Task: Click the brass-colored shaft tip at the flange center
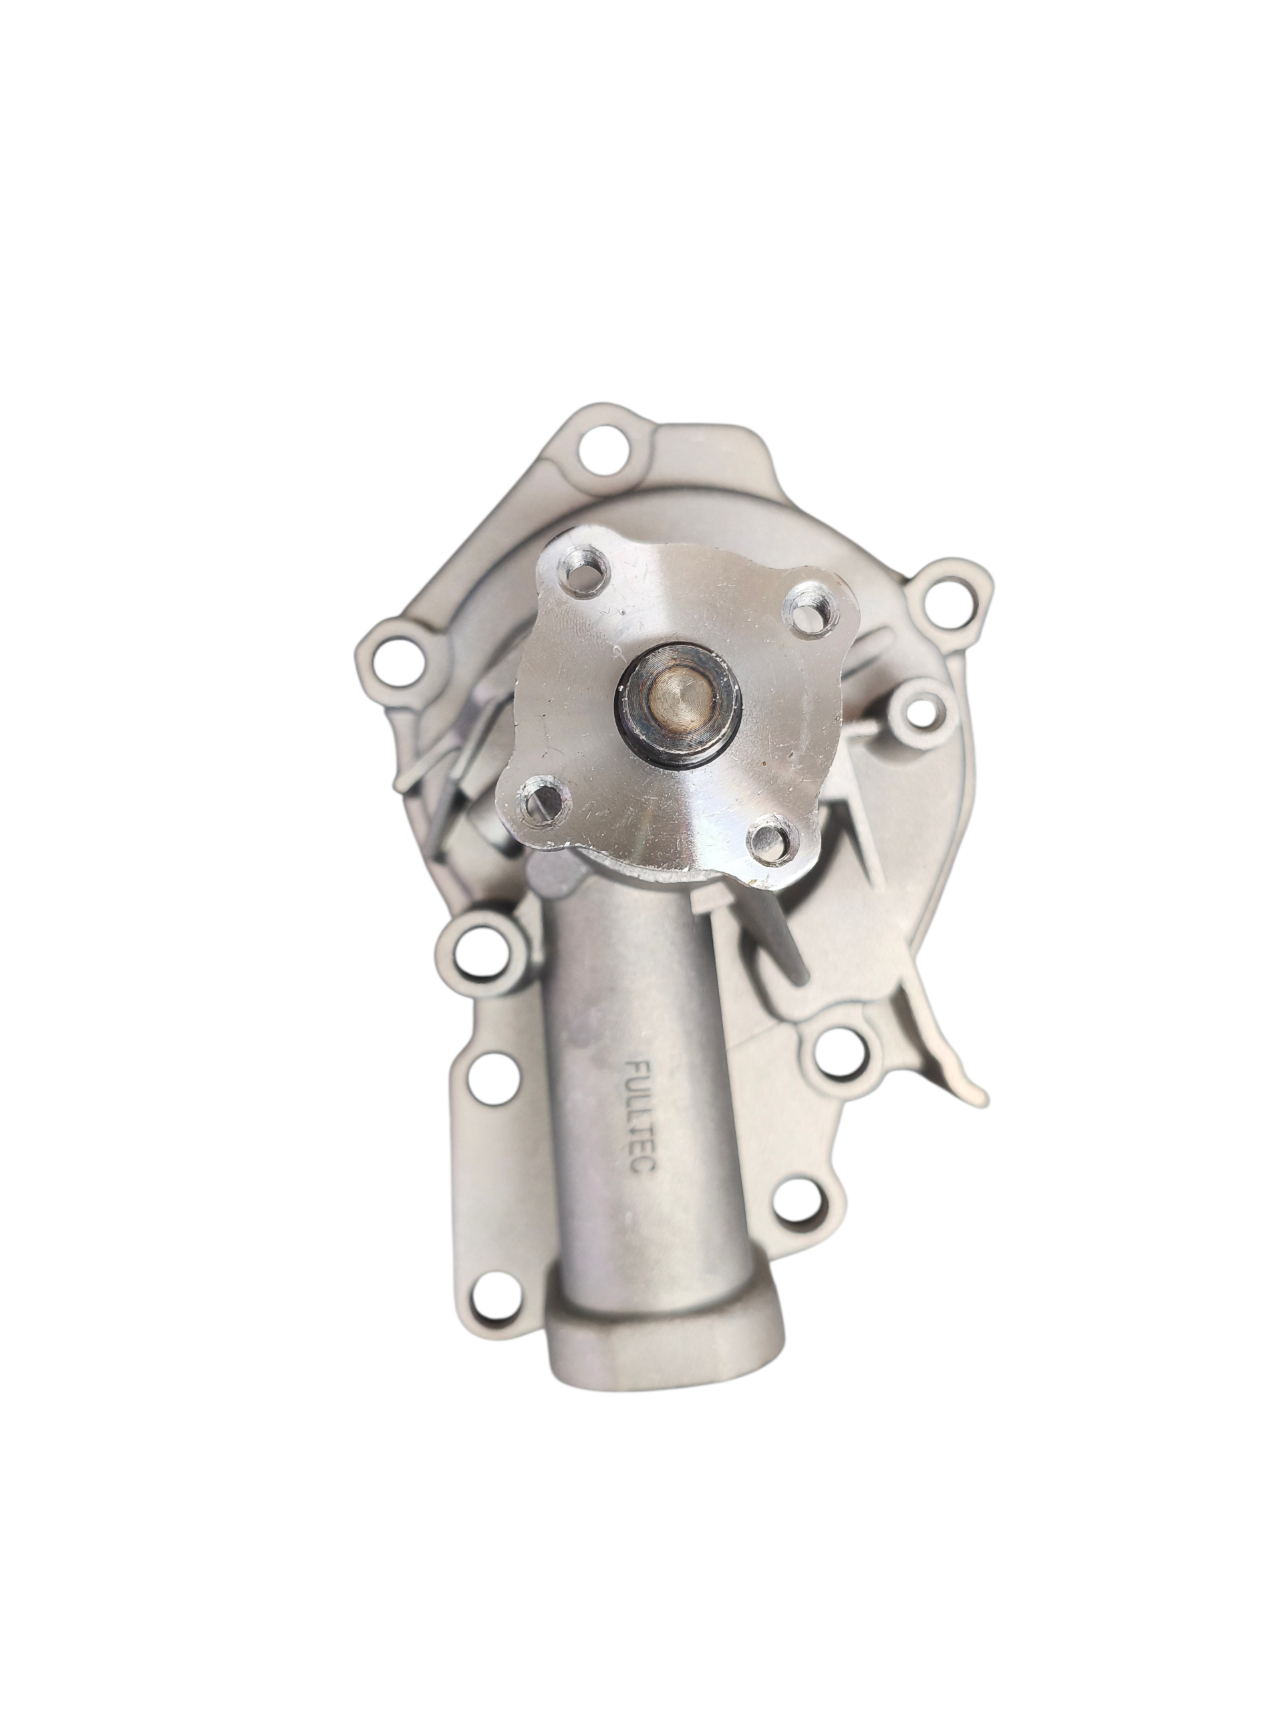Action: pyautogui.click(x=678, y=690)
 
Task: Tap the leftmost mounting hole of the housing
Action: pyautogui.click(x=398, y=662)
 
